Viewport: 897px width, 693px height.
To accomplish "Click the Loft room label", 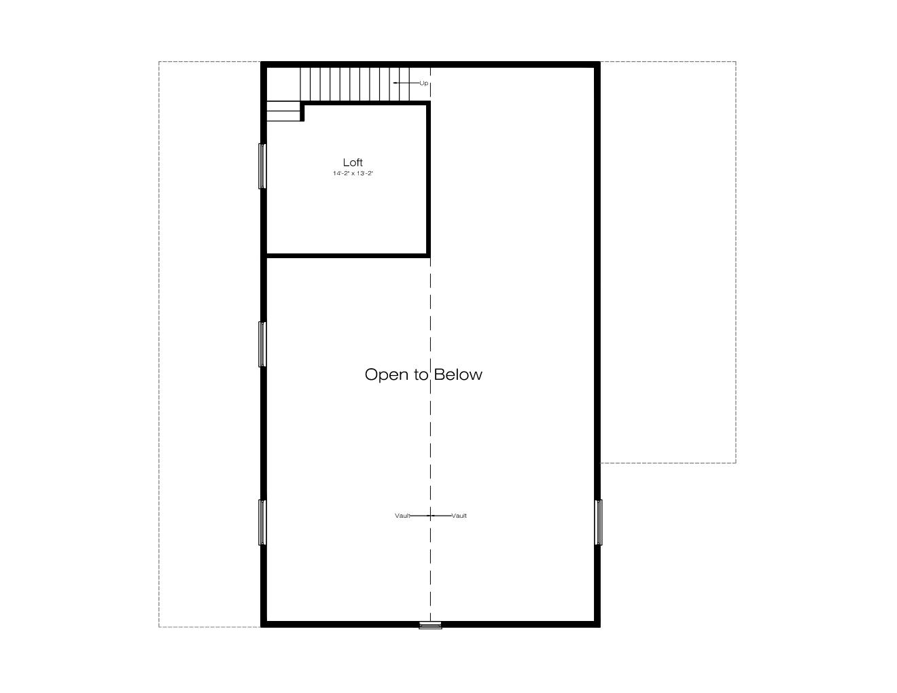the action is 353,162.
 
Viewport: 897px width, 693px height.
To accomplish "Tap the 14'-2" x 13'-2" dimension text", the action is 353,173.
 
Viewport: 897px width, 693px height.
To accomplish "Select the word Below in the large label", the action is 458,374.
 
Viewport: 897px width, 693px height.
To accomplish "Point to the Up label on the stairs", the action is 423,83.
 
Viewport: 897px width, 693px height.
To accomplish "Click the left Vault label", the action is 402,516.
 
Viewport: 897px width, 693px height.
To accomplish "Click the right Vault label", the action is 459,516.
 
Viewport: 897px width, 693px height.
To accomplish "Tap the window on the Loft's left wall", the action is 262,166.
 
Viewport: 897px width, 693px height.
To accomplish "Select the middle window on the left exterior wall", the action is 262,344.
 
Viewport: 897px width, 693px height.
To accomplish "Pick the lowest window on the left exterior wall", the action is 262,522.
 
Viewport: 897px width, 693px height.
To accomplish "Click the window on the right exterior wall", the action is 598,522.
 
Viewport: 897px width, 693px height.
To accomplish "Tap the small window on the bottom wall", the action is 430,625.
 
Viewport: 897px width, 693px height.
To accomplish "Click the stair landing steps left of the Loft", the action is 283,111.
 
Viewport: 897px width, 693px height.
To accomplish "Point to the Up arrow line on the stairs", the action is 406,83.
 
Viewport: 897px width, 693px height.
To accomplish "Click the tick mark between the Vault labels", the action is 431,516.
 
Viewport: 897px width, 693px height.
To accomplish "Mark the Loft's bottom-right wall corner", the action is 429,256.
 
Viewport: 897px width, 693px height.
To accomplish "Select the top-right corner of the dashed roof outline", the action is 735,62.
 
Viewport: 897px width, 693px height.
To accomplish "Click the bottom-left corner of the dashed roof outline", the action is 159,627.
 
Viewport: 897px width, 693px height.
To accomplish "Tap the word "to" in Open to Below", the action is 421,375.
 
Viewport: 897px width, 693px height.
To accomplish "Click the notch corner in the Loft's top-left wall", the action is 302,103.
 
